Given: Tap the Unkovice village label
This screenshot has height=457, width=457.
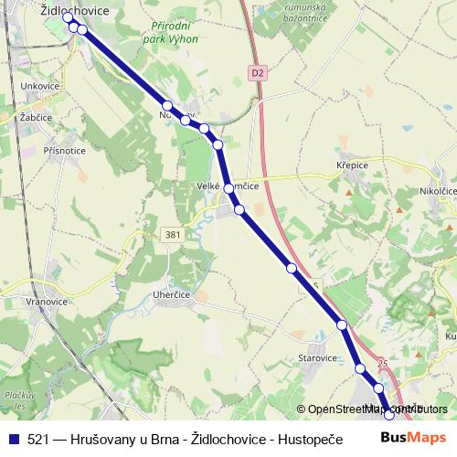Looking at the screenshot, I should pos(39,87).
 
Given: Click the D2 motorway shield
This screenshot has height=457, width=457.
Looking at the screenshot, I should pos(257,71).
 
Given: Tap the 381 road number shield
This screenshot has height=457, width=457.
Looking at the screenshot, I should pos(172,234).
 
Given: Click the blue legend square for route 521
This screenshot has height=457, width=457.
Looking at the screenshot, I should pos(13,439).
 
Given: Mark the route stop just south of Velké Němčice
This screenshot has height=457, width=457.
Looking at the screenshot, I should pos(239,209).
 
